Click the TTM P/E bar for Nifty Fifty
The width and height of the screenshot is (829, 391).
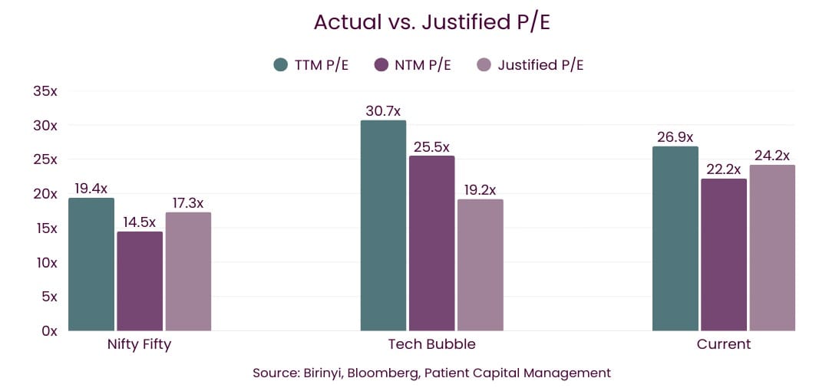(x=91, y=264)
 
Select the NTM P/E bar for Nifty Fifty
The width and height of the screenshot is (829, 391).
(x=140, y=281)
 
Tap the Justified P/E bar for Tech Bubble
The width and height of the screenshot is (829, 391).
(x=481, y=265)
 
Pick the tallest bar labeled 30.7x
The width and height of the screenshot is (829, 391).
(x=383, y=225)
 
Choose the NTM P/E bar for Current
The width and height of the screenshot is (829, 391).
(x=724, y=255)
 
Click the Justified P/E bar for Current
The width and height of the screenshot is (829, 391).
(x=772, y=248)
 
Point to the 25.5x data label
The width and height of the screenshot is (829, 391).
(x=431, y=147)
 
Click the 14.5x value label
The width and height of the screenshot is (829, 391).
(x=140, y=222)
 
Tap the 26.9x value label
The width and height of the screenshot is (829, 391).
(x=676, y=137)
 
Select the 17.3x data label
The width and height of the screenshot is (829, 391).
(x=187, y=203)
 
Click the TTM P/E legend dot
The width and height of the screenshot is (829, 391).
(x=281, y=64)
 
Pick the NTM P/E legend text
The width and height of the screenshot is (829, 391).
(x=423, y=64)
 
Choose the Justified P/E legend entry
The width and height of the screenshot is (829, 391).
(x=540, y=64)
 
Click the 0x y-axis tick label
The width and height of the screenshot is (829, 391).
(x=49, y=331)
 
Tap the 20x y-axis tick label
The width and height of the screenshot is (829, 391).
(x=45, y=194)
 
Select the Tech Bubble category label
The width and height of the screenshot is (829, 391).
(x=432, y=344)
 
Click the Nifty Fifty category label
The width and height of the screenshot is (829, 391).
(x=139, y=344)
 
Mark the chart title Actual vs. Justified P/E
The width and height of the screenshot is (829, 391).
(x=432, y=22)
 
